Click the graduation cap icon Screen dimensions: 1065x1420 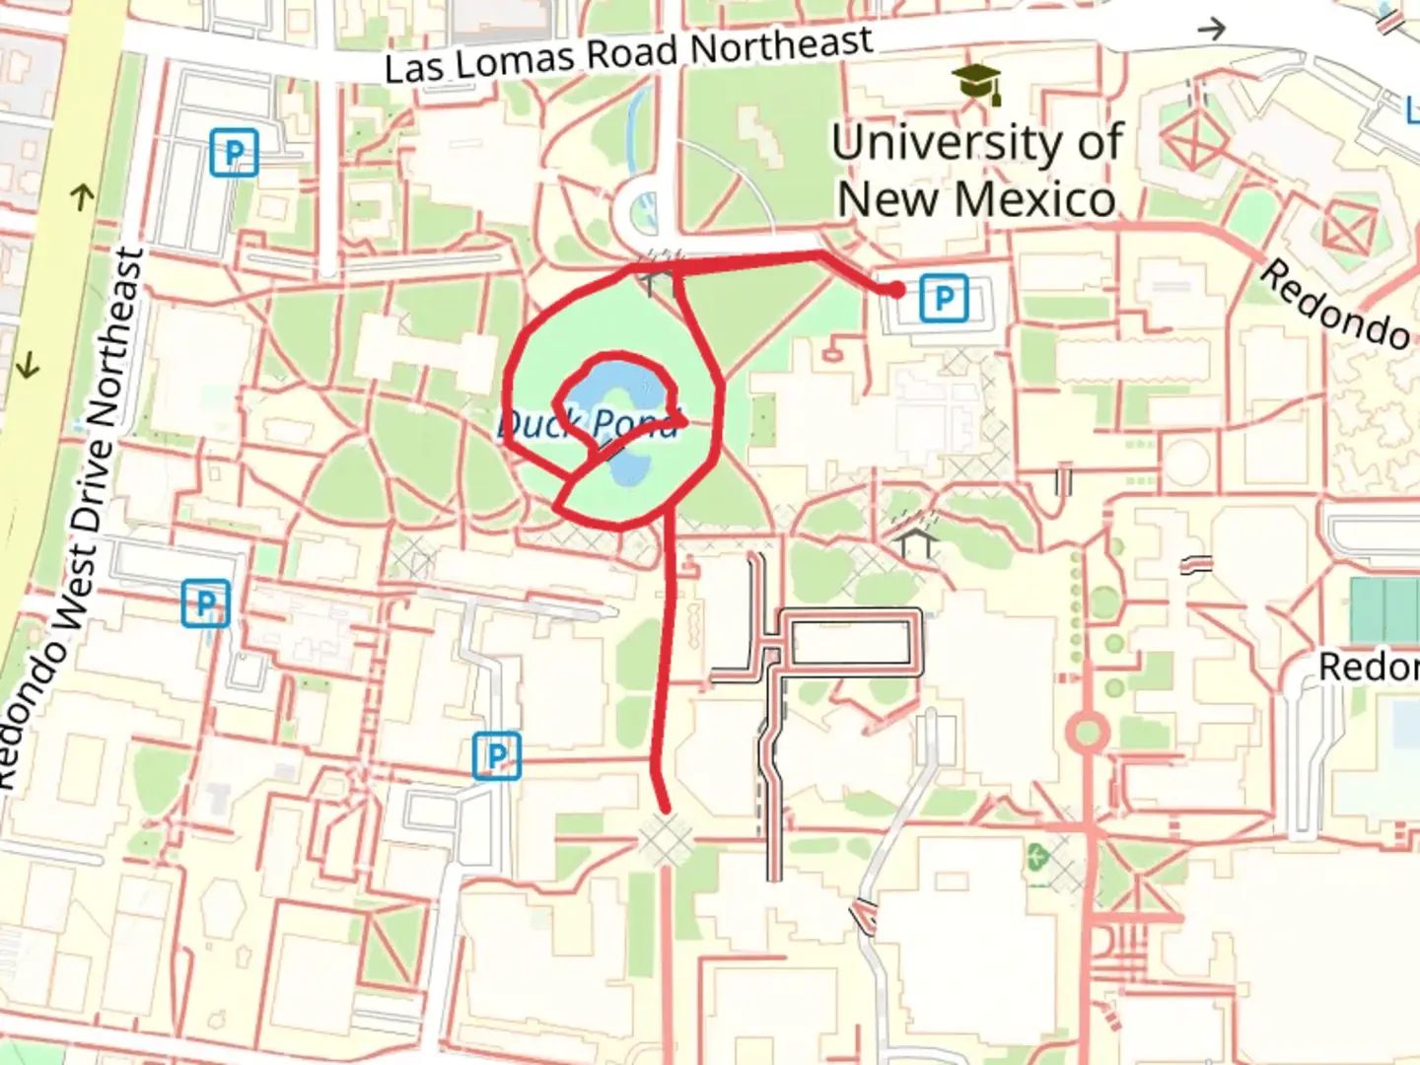click(x=977, y=84)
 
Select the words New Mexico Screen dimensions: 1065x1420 click(x=976, y=199)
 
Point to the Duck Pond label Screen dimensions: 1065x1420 click(x=589, y=424)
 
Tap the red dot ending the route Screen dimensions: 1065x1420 click(x=895, y=290)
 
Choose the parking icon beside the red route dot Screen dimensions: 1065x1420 click(x=943, y=298)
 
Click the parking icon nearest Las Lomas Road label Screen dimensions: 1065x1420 click(x=234, y=153)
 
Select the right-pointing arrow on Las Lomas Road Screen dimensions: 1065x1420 click(x=1211, y=29)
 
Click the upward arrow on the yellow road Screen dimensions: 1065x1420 click(x=83, y=197)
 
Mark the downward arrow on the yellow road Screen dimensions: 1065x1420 click(x=28, y=367)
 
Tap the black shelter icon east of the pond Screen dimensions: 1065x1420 click(x=916, y=540)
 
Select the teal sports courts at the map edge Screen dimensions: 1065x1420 click(x=1384, y=609)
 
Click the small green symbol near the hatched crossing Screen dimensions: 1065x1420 click(x=1034, y=856)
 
